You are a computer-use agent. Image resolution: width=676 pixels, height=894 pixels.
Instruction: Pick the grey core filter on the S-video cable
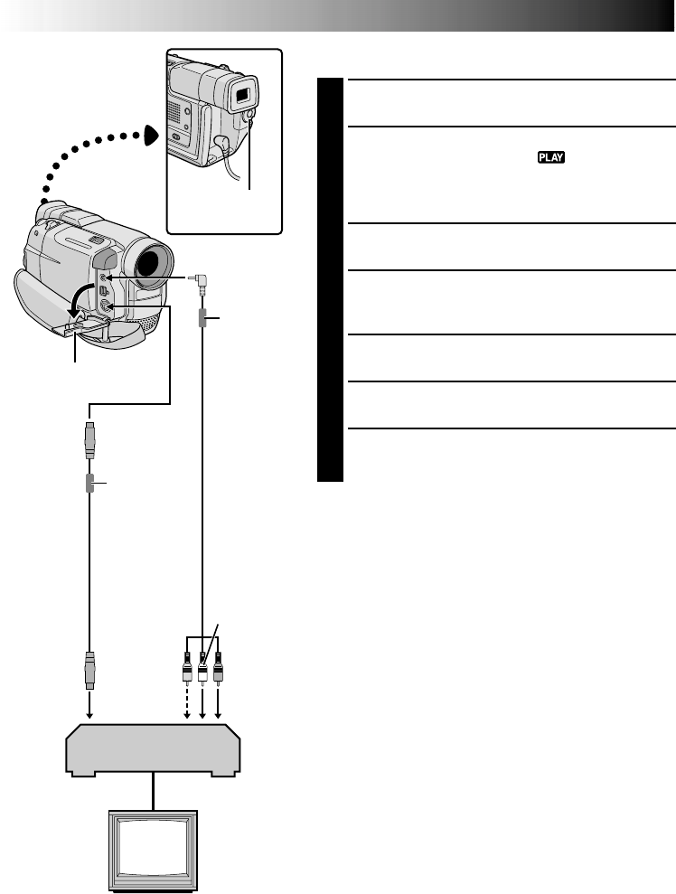(x=89, y=485)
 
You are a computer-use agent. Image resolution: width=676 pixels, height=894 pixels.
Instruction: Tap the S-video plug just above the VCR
(x=89, y=669)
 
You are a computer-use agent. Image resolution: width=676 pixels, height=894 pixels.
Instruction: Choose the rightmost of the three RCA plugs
(x=217, y=670)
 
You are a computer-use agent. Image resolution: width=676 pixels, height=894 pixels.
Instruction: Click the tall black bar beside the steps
(x=331, y=280)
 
